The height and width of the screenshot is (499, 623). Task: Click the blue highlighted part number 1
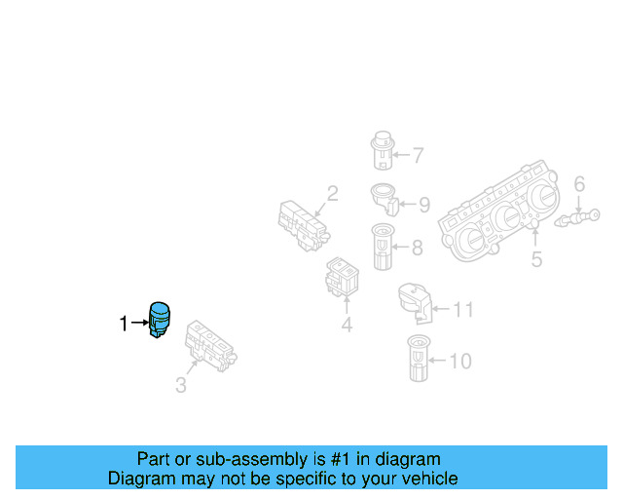pyautogui.click(x=159, y=320)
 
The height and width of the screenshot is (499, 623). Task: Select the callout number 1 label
pyautogui.click(x=124, y=324)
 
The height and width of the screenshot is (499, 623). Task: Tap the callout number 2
pyautogui.click(x=332, y=194)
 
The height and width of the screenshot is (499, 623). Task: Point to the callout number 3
pyautogui.click(x=181, y=386)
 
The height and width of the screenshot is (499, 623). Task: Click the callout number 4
pyautogui.click(x=347, y=325)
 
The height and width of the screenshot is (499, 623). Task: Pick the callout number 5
pyautogui.click(x=536, y=259)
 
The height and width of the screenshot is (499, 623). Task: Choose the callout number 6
pyautogui.click(x=579, y=184)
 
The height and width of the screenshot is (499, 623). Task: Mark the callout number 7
pyautogui.click(x=418, y=155)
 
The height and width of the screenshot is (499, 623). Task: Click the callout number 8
pyautogui.click(x=417, y=248)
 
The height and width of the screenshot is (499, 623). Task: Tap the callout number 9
pyautogui.click(x=424, y=205)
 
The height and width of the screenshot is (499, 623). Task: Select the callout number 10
pyautogui.click(x=459, y=362)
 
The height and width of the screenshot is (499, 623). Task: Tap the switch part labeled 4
pyautogui.click(x=341, y=278)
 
